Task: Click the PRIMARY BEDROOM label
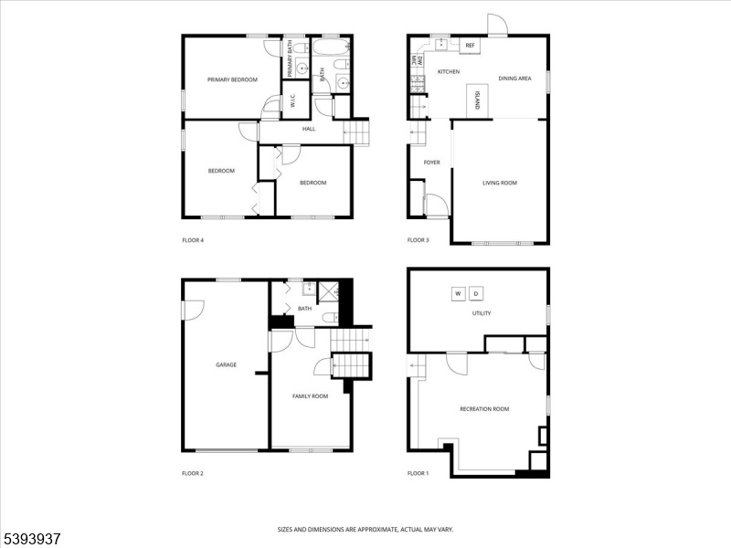[x=232, y=79]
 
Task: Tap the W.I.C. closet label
[x=292, y=100]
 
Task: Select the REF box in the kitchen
[x=470, y=46]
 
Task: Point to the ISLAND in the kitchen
[x=477, y=100]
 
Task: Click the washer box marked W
[x=458, y=293]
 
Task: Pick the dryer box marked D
[x=476, y=293]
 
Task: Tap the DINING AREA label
[x=514, y=79]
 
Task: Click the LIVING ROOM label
[x=500, y=183]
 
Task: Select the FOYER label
[x=431, y=163]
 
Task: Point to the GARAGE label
[x=226, y=364]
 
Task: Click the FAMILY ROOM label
[x=310, y=396]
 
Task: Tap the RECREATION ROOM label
[x=484, y=408]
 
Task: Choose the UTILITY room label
[x=482, y=313]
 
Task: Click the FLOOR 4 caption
[x=193, y=240]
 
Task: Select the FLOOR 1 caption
[x=418, y=473]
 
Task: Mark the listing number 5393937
[x=30, y=539]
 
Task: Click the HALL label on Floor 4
[x=309, y=129]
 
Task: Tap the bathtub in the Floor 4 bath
[x=331, y=47]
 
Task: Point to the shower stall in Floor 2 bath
[x=329, y=291]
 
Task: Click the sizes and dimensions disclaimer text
[x=365, y=530]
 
